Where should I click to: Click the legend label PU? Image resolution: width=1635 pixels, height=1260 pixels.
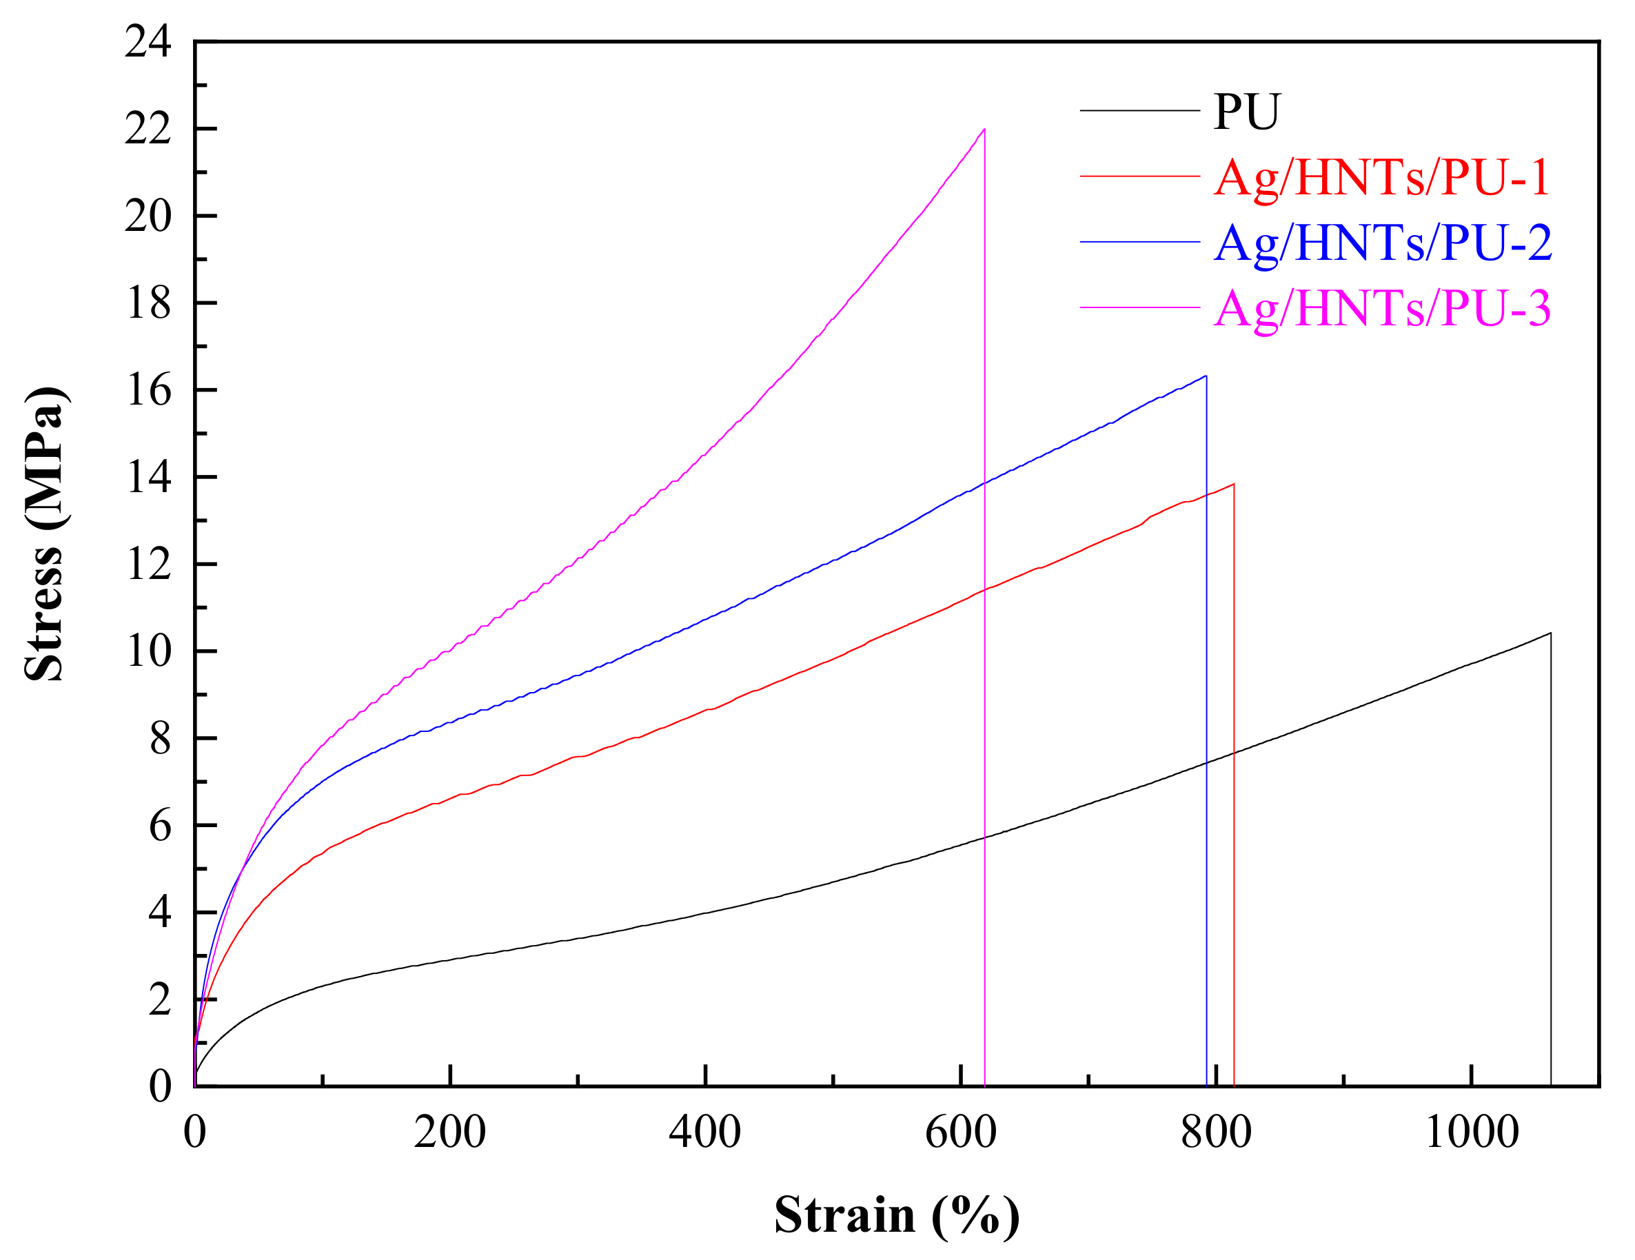1246,112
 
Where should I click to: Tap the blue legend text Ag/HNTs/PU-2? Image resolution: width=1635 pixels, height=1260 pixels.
1383,243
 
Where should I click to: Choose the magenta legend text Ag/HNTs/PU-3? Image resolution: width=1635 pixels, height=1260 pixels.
1382,307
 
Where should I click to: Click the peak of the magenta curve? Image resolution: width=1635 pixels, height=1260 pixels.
984,130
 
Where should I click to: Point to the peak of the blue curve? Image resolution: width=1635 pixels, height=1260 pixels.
1205,376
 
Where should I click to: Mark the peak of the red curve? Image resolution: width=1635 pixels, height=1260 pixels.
1233,485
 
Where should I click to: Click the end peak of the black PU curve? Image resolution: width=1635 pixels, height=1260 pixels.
1550,633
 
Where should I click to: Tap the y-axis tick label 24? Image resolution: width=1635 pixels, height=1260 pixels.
148,41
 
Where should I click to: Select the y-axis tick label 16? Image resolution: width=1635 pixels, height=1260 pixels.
148,390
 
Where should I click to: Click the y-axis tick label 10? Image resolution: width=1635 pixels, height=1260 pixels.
148,651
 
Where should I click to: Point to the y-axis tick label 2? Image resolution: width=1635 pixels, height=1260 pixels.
159,999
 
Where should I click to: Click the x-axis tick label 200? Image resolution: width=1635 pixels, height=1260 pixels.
450,1131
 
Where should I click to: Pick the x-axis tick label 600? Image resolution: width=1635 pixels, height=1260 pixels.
960,1131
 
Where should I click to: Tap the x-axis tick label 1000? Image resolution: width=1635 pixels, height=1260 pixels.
1471,1131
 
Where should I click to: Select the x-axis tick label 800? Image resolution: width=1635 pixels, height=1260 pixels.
1216,1131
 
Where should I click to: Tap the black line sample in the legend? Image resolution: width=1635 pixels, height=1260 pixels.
1139,111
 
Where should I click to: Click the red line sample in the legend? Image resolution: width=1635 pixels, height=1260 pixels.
1139,176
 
